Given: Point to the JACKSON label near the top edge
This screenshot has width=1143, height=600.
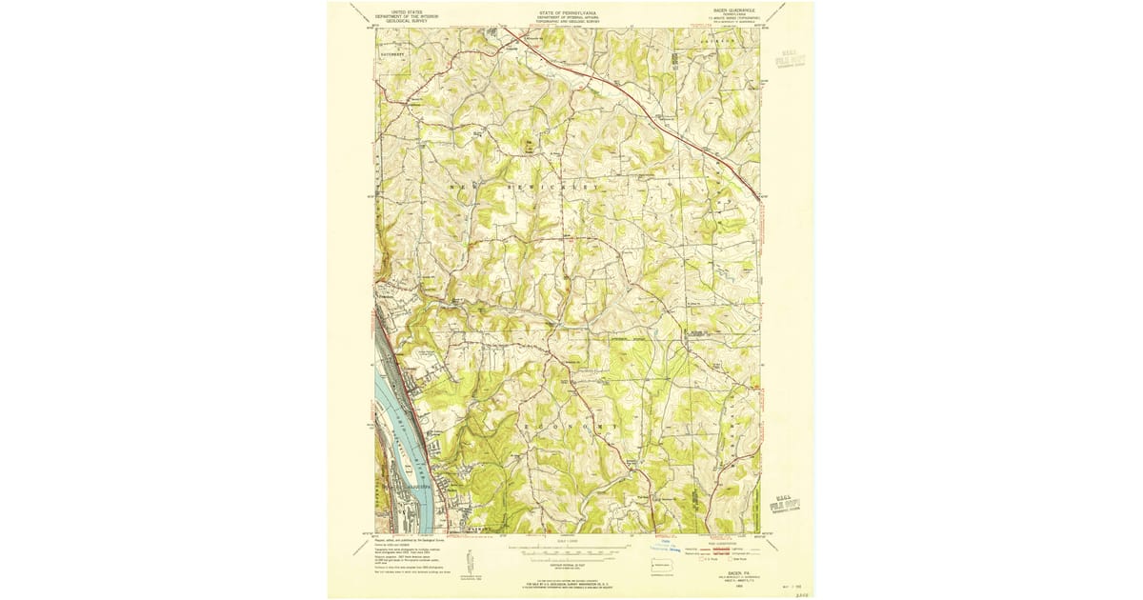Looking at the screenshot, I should [x=718, y=41].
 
